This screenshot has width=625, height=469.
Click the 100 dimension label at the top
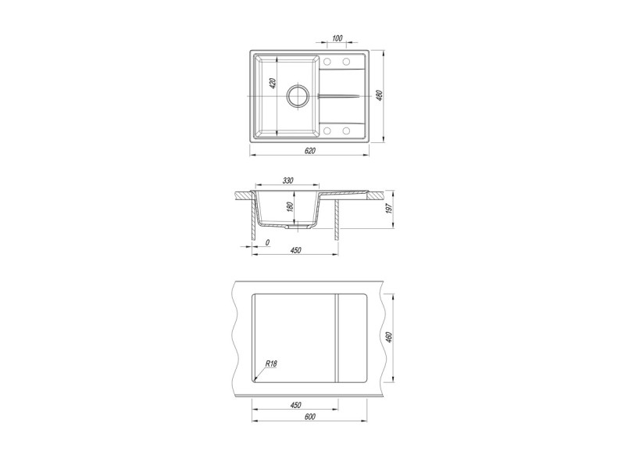click(337, 38)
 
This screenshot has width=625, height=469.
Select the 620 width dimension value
click(309, 150)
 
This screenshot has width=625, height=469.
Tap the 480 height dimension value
click(380, 95)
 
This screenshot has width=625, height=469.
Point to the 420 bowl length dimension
click(273, 83)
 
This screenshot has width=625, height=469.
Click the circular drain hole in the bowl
click(298, 96)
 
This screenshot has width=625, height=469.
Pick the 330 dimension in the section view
click(287, 181)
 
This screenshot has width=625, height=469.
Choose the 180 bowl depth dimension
click(290, 206)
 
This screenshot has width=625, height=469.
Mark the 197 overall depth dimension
click(389, 208)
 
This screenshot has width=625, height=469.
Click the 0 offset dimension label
click(267, 242)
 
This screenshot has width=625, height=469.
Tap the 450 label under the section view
click(295, 250)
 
